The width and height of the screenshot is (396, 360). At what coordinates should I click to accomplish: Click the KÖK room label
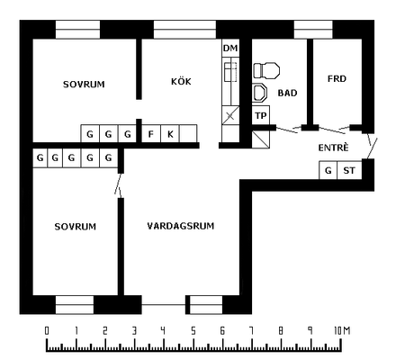tap(181, 81)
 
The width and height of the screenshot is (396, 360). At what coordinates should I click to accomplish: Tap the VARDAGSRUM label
tap(181, 226)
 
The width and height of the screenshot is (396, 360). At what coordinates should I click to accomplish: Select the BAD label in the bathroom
tap(287, 93)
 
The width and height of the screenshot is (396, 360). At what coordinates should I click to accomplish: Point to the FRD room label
tap(337, 78)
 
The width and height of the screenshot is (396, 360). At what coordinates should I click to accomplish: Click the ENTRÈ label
tap(333, 148)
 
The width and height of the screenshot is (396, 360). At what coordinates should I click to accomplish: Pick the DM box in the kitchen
tap(230, 48)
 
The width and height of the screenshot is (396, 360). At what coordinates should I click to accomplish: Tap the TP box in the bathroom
tap(261, 115)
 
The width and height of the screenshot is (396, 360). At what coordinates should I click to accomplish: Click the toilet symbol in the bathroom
tap(266, 70)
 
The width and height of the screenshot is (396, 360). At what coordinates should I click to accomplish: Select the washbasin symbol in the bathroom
tap(259, 93)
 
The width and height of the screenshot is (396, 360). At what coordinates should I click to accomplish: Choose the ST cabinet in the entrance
tap(349, 170)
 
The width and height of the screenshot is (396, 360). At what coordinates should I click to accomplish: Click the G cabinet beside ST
tap(328, 170)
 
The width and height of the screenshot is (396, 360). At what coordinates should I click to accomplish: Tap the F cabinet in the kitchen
tap(151, 134)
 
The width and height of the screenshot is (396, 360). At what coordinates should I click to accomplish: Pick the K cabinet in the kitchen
tap(170, 134)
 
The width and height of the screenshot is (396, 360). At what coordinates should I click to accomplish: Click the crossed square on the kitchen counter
tap(230, 115)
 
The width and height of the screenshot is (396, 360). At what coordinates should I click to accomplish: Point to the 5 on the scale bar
tap(193, 331)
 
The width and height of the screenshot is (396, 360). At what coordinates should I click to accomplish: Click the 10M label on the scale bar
tap(342, 330)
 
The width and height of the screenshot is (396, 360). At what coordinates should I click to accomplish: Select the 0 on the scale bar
tap(47, 330)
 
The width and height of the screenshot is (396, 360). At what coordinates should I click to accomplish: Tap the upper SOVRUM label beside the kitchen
tap(84, 84)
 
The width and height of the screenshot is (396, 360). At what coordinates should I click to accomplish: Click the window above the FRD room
tap(313, 30)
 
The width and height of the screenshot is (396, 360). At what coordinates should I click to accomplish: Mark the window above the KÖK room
tap(184, 30)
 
